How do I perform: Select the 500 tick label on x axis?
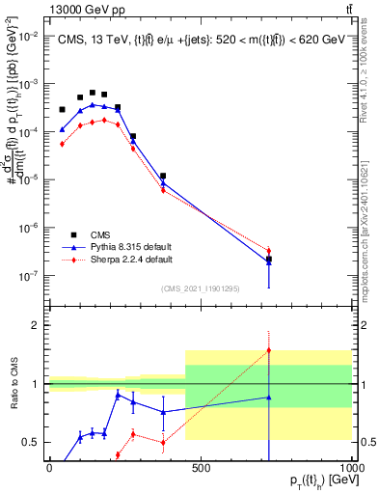pyautogui.click(x=201, y=467)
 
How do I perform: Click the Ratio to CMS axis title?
pyautogui.click(x=13, y=384)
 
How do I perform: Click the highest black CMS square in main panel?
pyautogui.click(x=93, y=93)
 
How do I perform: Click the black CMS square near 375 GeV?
pyautogui.click(x=164, y=177)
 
